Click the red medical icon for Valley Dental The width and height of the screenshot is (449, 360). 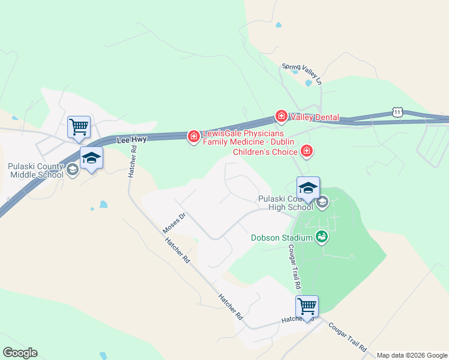pyautogui.click(x=280, y=115)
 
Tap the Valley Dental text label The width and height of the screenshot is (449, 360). pyautogui.click(x=314, y=118)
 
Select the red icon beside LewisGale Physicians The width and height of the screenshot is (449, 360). pyautogui.click(x=193, y=137)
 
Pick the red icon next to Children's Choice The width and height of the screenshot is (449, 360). pyautogui.click(x=307, y=150)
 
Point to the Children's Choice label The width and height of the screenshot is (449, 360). pyautogui.click(x=265, y=152)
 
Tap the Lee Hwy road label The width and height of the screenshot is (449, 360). pyautogui.click(x=131, y=139)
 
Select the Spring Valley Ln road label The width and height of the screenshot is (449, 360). pyautogui.click(x=303, y=72)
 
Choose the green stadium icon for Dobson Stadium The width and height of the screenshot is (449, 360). pyautogui.click(x=322, y=238)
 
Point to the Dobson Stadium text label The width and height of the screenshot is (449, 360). pyautogui.click(x=282, y=238)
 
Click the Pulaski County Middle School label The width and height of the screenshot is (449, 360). pyautogui.click(x=35, y=170)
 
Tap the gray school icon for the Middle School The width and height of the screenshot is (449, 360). pyautogui.click(x=72, y=169)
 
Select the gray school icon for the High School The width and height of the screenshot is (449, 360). pyautogui.click(x=322, y=202)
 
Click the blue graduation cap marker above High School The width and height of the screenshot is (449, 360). pyautogui.click(x=308, y=188)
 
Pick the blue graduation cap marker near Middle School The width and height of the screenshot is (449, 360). pyautogui.click(x=91, y=158)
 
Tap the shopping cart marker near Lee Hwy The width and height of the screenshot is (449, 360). pyautogui.click(x=79, y=127)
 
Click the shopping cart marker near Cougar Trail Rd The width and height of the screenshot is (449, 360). pyautogui.click(x=307, y=306)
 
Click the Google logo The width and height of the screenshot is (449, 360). pyautogui.click(x=20, y=353)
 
